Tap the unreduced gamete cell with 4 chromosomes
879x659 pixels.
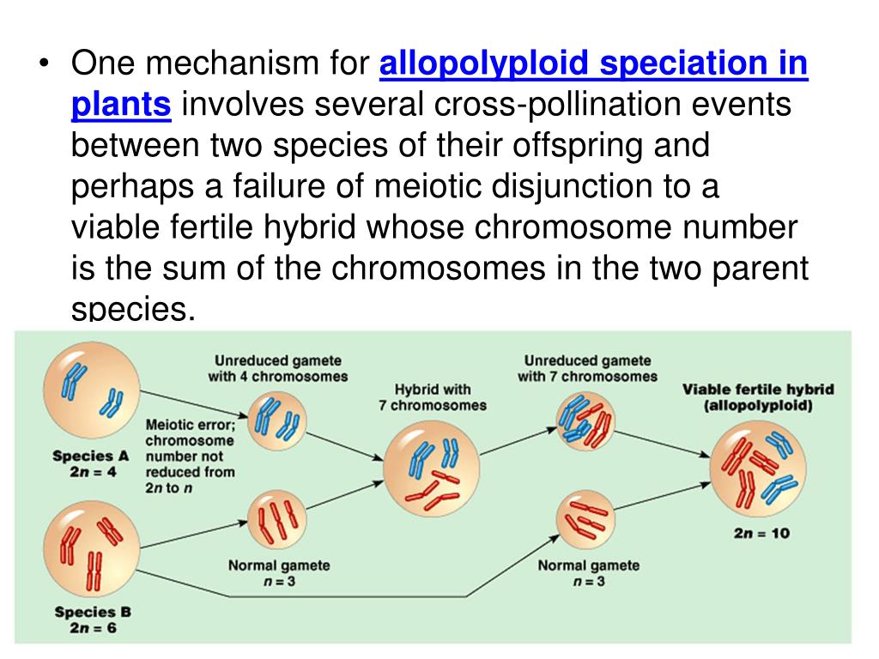pyautogui.click(x=277, y=421)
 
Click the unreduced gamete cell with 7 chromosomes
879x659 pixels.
pyautogui.click(x=586, y=421)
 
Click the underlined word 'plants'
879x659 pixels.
pyautogui.click(x=121, y=105)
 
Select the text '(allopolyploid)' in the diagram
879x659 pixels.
pyautogui.click(x=757, y=407)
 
